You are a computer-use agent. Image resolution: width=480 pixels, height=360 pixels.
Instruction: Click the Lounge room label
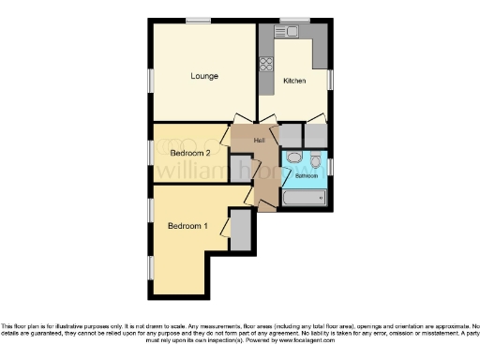[x=204, y=76]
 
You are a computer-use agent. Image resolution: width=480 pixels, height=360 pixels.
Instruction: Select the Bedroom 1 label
[x=187, y=226]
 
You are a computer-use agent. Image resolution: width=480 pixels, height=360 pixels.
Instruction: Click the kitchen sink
[x=292, y=32]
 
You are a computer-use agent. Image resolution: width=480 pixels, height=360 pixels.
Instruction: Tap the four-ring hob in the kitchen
[x=266, y=66]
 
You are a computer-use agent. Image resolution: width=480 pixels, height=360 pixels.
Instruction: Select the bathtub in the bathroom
[x=306, y=199]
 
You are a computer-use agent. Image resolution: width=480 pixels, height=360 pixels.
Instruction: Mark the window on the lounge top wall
[x=198, y=20]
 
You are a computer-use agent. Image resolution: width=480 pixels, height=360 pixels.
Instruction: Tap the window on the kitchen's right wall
[x=331, y=80]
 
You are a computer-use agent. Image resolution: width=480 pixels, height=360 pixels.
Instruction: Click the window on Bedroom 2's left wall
[x=150, y=152]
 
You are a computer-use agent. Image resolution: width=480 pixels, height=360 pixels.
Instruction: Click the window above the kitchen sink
[x=293, y=20]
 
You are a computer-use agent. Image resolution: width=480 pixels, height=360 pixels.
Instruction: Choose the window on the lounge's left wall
[x=150, y=81]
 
